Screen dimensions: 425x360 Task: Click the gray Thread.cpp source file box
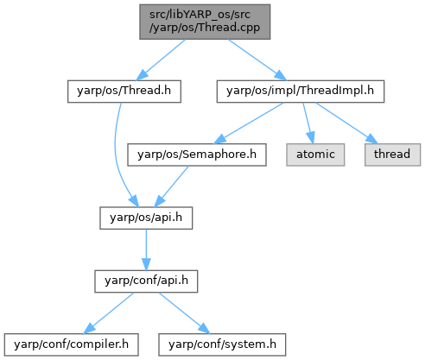[205, 22]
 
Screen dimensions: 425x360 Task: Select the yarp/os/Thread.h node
[124, 92]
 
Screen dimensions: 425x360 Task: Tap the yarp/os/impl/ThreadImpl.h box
[301, 92]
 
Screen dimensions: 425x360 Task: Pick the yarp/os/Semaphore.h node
[197, 155]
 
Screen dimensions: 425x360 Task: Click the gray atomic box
[315, 155]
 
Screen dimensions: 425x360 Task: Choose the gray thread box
[392, 155]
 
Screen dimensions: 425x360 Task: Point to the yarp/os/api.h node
[146, 218]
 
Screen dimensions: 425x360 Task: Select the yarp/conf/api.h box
[146, 281]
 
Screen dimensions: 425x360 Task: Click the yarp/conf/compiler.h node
[71, 344]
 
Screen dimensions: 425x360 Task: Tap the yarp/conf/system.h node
[222, 344]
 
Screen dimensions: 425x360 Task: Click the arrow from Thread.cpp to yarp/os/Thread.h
[161, 60]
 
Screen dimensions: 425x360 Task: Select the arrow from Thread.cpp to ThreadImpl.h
[257, 60]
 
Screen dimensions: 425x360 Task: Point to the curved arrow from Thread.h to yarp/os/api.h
[116, 155]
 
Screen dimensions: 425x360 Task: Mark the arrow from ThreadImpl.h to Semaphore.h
[249, 123]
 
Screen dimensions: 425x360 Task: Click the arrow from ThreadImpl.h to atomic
[308, 123]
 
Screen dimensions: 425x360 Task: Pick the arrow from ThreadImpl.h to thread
[346, 123]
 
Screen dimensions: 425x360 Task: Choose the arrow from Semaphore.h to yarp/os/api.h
[171, 186]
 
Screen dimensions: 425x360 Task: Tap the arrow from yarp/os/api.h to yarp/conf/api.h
[146, 249]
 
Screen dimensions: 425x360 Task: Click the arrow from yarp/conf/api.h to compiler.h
[109, 313]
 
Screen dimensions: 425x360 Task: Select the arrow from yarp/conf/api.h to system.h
[185, 313]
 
